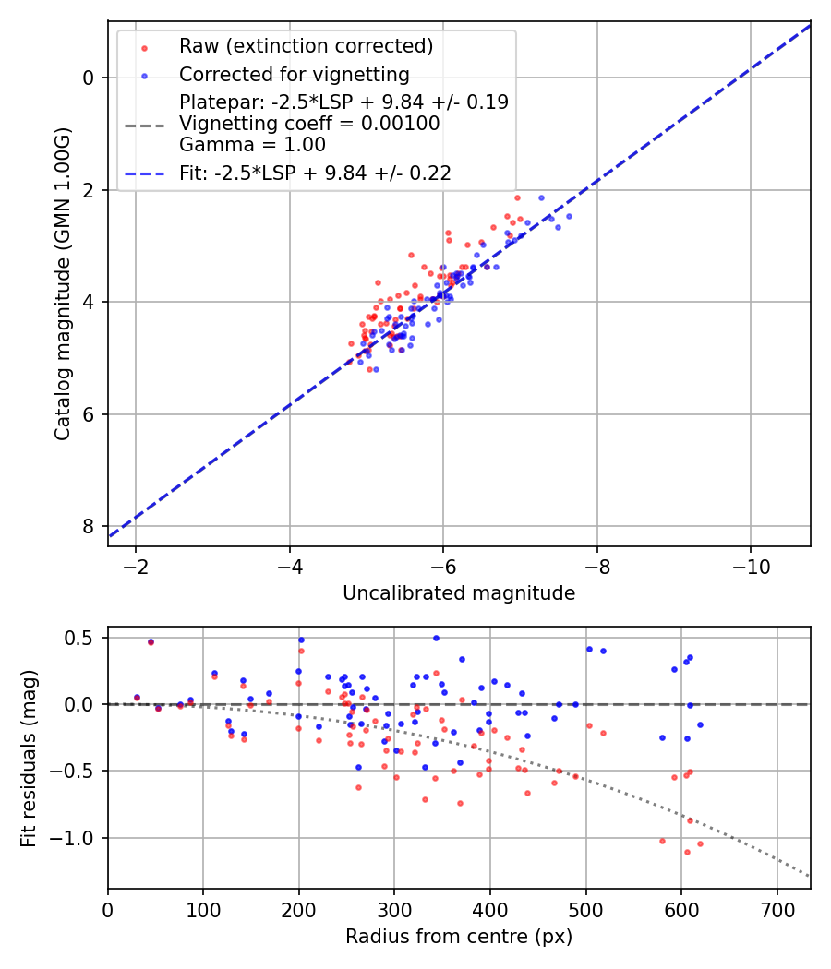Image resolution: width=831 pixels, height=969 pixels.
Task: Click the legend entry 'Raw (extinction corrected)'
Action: coord(306,46)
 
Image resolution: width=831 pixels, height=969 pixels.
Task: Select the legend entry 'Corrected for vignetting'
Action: coord(294,74)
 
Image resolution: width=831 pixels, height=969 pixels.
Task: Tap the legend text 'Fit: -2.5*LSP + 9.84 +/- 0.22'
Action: coord(315,173)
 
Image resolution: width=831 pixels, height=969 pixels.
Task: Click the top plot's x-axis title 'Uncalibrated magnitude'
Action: coord(459,593)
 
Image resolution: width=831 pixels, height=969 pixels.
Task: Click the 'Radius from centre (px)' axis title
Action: coord(459,937)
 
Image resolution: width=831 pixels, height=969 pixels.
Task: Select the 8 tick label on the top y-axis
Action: coord(89,526)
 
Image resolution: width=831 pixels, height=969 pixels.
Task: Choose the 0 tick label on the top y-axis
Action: coord(89,78)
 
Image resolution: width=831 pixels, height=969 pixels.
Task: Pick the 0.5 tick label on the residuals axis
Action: coord(80,638)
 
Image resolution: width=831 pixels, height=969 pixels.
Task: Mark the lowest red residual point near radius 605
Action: coord(687,852)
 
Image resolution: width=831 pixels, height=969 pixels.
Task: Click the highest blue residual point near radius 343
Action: coord(436,638)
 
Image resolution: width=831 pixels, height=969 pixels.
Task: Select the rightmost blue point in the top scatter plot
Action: coord(569,216)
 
